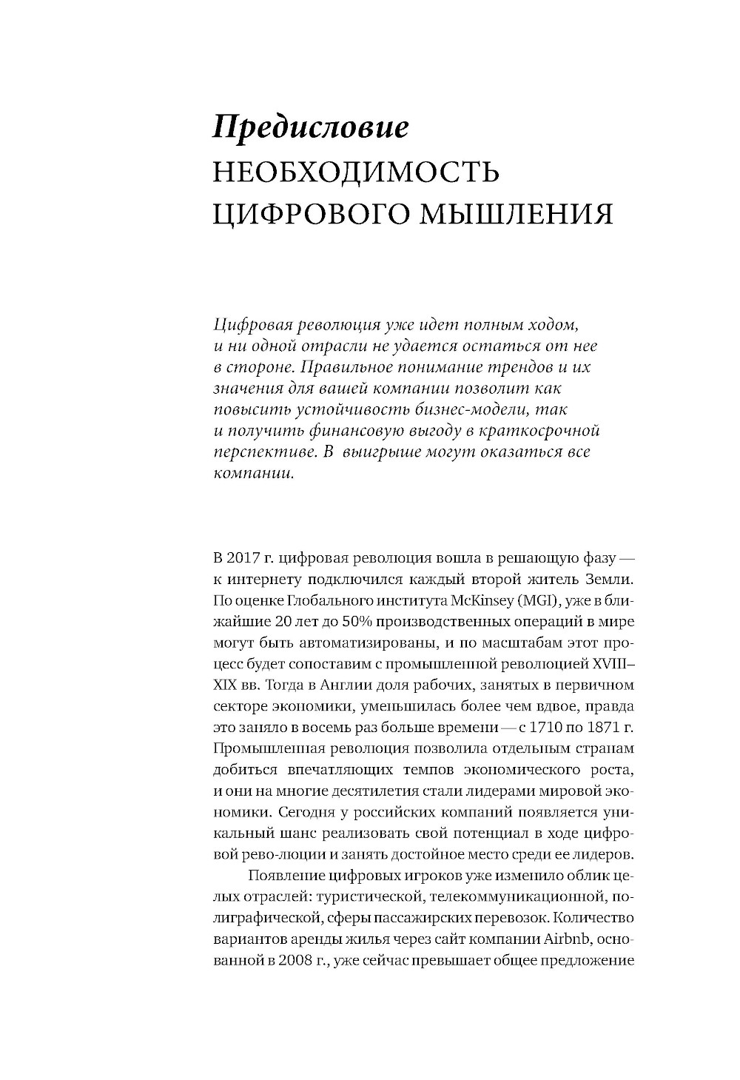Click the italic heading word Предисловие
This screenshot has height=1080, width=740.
coord(310,127)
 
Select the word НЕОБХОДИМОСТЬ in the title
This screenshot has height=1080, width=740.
coord(356,172)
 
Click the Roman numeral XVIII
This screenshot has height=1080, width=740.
coord(609,663)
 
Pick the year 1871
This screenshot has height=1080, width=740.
coord(604,726)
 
